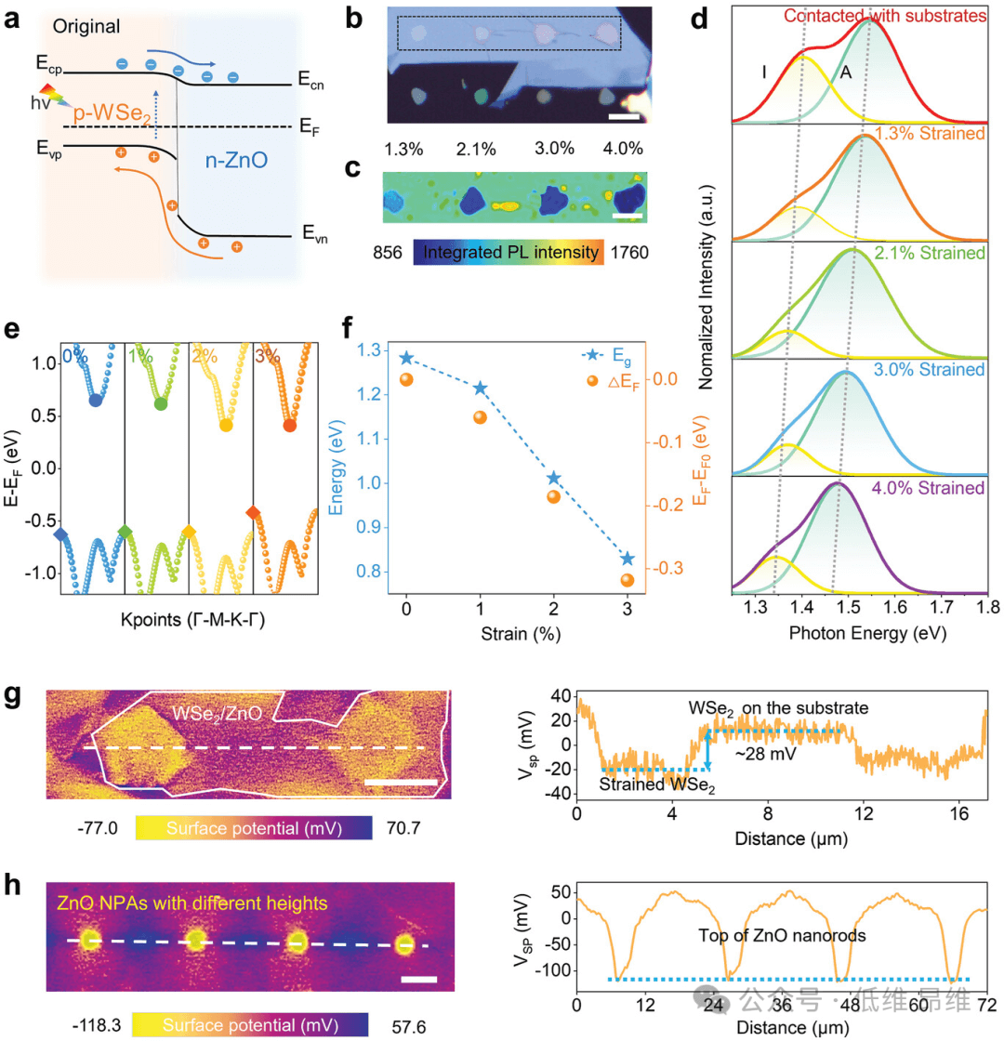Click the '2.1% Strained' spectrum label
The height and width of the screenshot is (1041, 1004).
pyautogui.click(x=933, y=253)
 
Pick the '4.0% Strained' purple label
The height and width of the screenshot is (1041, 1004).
pyautogui.click(x=933, y=488)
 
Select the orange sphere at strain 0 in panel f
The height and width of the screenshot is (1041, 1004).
pyautogui.click(x=405, y=379)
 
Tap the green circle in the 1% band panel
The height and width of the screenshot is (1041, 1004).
pyautogui.click(x=161, y=404)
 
